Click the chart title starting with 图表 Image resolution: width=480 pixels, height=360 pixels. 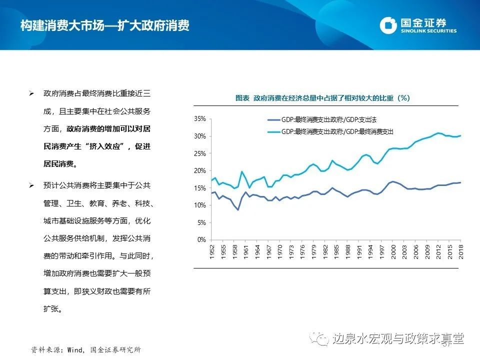pos(322,98)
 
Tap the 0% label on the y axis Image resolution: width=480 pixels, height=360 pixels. pos(201,240)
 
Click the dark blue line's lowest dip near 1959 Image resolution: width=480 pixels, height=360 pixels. pos(238,210)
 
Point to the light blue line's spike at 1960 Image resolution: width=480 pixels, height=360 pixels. pos(242,171)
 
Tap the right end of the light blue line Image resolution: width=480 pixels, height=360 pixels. pos(460,135)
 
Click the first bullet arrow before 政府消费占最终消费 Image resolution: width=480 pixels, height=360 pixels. pos(31,93)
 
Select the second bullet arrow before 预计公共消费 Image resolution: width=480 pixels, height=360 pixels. pos(31,185)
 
